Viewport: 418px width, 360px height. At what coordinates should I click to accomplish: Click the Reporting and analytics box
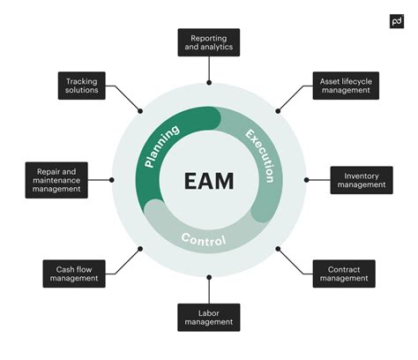pyautogui.click(x=209, y=42)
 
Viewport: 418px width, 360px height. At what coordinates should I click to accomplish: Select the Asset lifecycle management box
pyautogui.click(x=346, y=86)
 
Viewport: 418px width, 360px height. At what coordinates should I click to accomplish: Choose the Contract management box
pyautogui.click(x=343, y=274)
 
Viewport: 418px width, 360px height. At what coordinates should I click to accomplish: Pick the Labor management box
pyautogui.click(x=209, y=317)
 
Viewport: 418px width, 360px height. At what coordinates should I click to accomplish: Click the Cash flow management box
pyautogui.click(x=73, y=274)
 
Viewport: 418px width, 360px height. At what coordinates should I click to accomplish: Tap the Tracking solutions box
pyautogui.click(x=82, y=86)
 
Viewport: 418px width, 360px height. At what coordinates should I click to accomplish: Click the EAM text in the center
pyautogui.click(x=209, y=182)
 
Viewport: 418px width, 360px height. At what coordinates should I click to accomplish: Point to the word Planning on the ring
pyautogui.click(x=161, y=146)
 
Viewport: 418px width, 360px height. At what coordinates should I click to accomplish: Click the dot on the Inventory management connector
pyautogui.click(x=306, y=179)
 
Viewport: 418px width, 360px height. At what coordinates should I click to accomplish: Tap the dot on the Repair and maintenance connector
pyautogui.click(x=112, y=179)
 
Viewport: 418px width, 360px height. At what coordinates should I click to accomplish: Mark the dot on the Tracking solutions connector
pyautogui.click(x=140, y=110)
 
